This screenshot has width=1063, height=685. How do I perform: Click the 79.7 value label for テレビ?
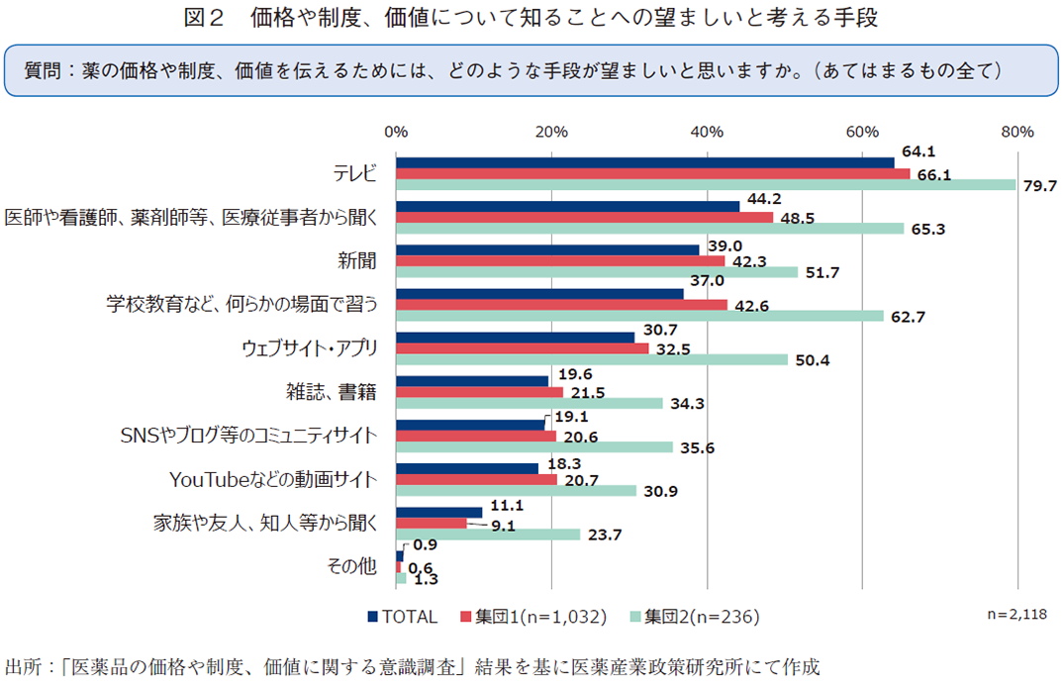tap(1039, 185)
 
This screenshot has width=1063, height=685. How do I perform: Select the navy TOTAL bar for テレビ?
tap(644, 162)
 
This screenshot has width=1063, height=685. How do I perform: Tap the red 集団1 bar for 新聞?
tap(560, 261)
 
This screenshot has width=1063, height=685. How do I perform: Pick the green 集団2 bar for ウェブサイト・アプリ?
tap(592, 359)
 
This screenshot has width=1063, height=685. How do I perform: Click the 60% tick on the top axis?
tap(862, 132)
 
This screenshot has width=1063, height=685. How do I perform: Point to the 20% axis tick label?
tap(550, 132)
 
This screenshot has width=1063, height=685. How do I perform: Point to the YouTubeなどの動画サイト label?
tap(274, 479)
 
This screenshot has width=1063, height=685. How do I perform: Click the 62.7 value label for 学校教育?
tap(907, 317)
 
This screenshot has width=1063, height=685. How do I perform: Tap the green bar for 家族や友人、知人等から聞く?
tap(488, 535)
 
